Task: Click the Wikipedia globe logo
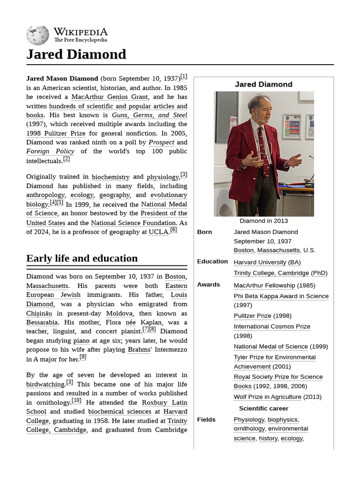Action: (x=37, y=35)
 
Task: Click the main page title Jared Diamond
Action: (x=76, y=54)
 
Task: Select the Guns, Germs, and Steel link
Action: (x=149, y=115)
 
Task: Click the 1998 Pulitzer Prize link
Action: (x=56, y=133)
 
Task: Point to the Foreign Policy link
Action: (x=50, y=151)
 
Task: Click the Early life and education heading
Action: (x=82, y=258)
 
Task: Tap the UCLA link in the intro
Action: (x=158, y=232)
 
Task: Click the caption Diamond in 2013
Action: (x=263, y=221)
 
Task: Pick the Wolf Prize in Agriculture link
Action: (x=267, y=397)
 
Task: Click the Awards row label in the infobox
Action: (x=209, y=285)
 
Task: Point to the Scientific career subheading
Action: (x=263, y=408)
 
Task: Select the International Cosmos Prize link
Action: (x=272, y=327)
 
